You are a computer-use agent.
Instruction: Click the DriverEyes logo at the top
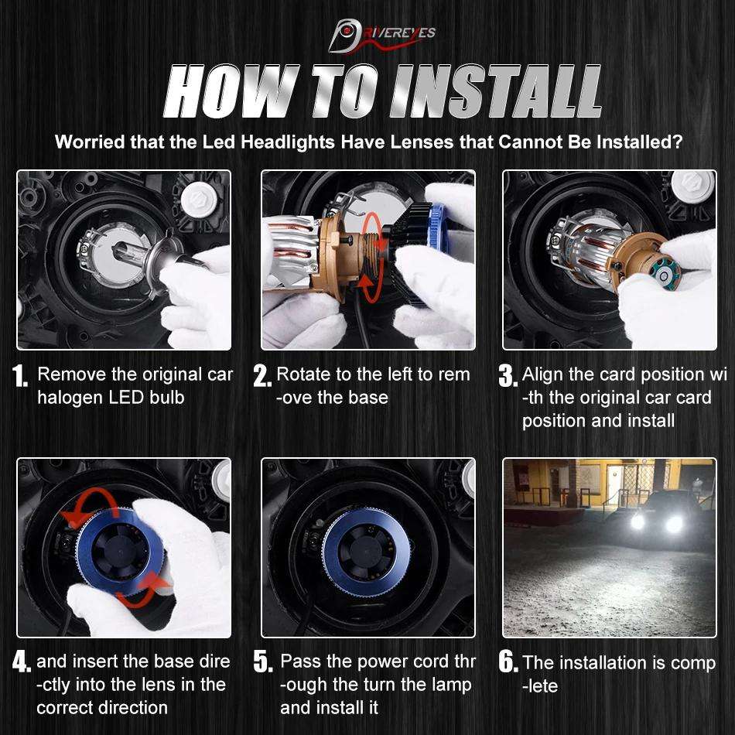381,35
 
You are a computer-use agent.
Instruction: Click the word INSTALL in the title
497,91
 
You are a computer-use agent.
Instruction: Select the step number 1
19,376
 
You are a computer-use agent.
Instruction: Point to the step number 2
262,376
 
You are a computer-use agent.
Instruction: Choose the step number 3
508,376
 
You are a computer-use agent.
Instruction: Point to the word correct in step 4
65,708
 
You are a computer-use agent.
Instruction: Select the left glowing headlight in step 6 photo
638,521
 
